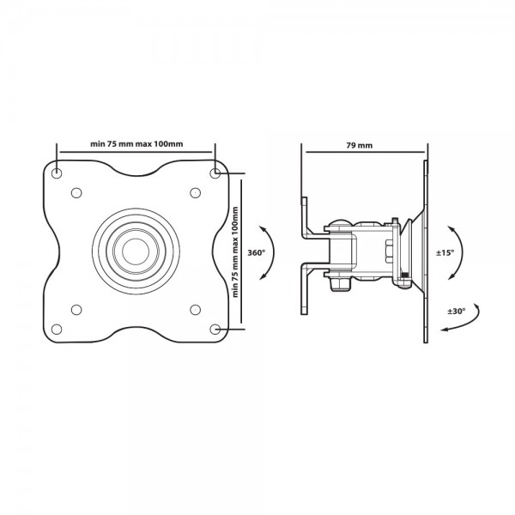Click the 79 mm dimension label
coord(360,145)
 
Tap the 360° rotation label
coord(256,253)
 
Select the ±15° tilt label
coord(445,253)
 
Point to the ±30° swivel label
coord(457,311)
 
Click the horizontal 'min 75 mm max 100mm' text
coord(136,144)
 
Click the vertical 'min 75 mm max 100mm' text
coord(235,251)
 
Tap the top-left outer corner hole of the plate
coord(57,173)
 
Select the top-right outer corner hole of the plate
coord(215,173)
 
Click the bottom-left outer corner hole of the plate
coord(57,329)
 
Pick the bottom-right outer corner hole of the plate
coord(215,329)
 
